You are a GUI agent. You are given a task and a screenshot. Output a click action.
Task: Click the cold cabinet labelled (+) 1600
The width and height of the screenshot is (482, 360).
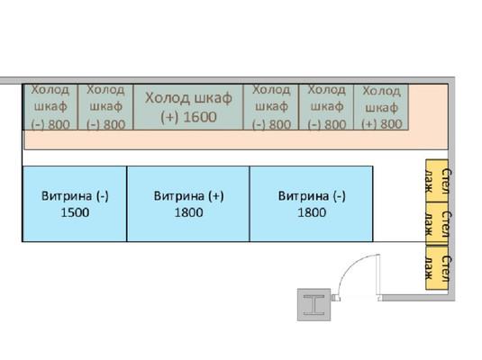188,107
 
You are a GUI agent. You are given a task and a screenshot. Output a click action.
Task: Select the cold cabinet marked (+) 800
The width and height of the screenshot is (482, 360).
381,107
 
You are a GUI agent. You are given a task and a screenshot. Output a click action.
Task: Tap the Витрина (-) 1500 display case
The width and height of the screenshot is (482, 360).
75,204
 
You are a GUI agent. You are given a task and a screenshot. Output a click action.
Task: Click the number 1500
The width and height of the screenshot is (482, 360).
75,212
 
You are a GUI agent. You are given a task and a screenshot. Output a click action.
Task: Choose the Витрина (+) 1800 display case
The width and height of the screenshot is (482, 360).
188,204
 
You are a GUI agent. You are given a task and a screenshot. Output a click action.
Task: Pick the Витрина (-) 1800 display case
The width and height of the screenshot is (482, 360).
312,204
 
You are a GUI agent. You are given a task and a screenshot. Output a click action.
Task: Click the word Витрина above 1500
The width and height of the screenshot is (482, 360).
67,196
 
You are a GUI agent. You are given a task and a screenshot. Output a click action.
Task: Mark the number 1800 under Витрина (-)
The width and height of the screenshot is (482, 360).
312,212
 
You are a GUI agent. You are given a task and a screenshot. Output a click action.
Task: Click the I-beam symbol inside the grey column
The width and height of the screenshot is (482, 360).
314,305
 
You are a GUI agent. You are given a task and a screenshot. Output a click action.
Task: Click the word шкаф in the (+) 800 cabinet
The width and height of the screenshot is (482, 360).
381,107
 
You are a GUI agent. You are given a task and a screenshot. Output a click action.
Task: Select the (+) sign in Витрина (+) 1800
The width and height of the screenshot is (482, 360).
216,196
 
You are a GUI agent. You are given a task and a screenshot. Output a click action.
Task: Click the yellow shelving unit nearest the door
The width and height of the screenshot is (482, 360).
437,268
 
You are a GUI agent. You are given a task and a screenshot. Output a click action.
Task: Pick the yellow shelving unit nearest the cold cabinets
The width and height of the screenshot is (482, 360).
437,181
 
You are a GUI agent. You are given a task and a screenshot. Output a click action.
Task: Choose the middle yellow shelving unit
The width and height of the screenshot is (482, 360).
437,224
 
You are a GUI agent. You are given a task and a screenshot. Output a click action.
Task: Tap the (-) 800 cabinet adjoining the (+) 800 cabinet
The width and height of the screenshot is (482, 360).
326,107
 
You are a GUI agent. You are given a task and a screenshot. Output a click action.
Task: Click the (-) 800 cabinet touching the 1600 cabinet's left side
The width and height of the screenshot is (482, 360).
105,107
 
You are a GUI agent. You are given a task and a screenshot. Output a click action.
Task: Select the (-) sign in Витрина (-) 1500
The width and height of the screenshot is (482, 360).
102,196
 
